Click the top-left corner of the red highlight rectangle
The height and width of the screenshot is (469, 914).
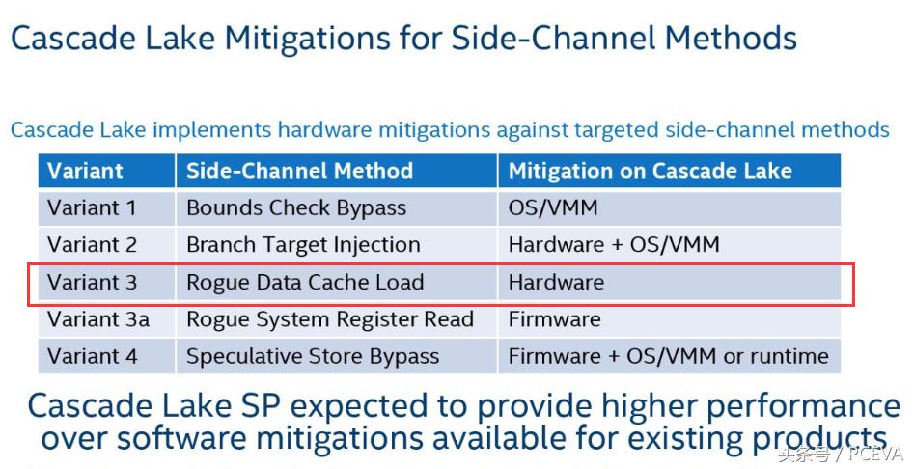click(29, 263)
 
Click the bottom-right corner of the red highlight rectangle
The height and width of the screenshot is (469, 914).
click(854, 305)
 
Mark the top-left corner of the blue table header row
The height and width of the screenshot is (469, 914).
click(39, 154)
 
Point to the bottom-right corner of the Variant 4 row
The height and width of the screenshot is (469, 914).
click(841, 372)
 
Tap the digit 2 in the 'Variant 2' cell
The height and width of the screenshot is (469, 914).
click(130, 245)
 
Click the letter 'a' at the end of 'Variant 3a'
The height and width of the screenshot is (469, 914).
click(142, 320)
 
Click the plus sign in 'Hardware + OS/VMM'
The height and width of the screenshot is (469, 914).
click(618, 246)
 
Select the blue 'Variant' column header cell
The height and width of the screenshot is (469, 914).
click(107, 171)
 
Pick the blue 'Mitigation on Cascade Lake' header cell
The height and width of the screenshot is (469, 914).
click(669, 171)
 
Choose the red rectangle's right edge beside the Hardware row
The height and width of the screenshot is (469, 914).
click(854, 285)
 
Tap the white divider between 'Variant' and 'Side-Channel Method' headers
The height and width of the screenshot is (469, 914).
click(176, 171)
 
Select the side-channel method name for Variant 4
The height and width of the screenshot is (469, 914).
click(313, 357)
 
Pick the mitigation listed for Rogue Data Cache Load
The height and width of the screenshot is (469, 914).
click(556, 283)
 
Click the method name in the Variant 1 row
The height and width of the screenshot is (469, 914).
click(296, 209)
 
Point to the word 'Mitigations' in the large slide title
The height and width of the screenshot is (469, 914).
click(307, 39)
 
